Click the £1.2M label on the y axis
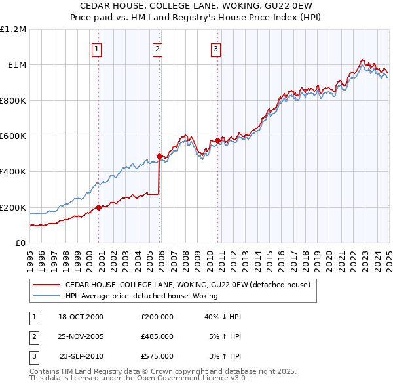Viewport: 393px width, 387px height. pos(13,29)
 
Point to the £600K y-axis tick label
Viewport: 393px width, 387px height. pos(13,136)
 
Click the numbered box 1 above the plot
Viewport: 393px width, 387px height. pos(97,48)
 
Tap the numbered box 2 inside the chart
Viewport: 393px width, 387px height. pos(158,48)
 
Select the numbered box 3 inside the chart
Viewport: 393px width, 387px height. pos(215,48)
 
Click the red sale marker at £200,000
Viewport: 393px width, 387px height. pos(98,207)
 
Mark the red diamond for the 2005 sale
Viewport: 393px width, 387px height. pos(159,156)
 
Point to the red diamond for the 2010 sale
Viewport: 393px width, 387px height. pos(217,140)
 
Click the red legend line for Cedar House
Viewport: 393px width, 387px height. pos(45,285)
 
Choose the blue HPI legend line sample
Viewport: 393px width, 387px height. pos(45,296)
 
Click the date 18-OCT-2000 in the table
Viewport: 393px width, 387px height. pos(81,317)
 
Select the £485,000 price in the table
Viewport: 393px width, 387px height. pos(157,336)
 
